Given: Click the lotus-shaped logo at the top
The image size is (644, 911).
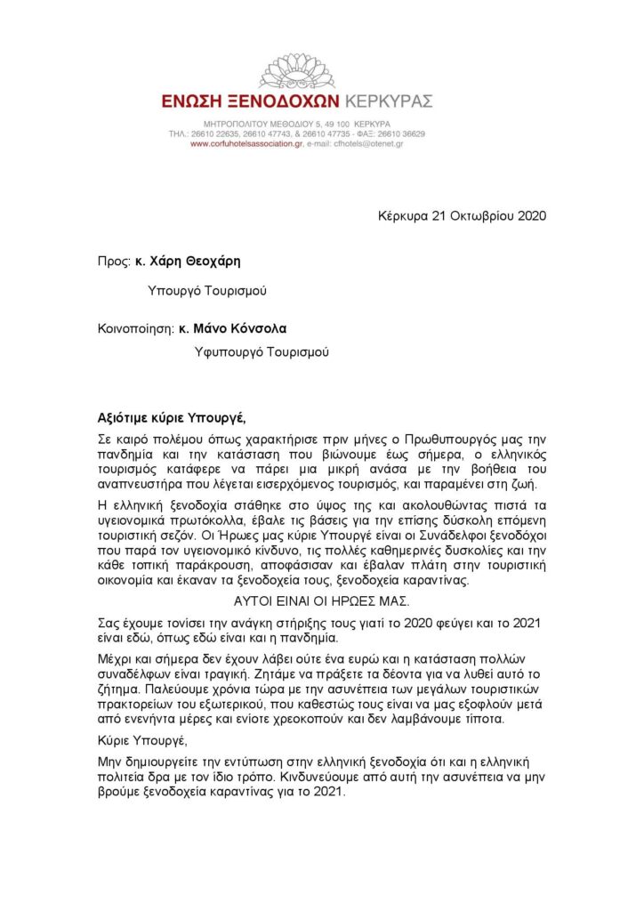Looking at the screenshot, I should (x=296, y=70).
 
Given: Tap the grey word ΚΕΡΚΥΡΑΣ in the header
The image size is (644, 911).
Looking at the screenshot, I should (x=388, y=102).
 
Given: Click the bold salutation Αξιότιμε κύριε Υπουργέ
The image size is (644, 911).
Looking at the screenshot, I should (x=170, y=417).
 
